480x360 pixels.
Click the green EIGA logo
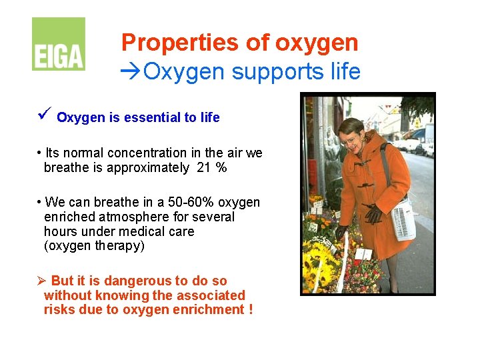[x=59, y=44]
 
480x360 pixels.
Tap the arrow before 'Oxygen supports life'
[x=131, y=71]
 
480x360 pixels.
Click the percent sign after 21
[x=221, y=168]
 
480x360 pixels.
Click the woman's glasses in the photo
[x=349, y=139]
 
